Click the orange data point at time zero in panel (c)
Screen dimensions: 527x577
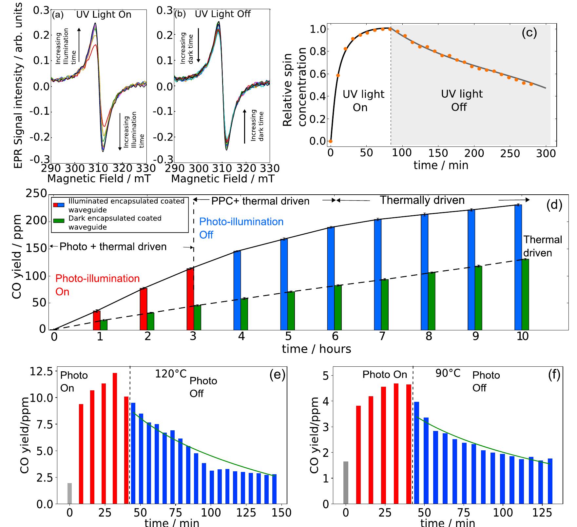pyautogui.click(x=330, y=141)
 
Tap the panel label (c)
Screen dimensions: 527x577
pyautogui.click(x=529, y=33)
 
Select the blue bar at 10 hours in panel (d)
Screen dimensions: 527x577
pyautogui.click(x=518, y=267)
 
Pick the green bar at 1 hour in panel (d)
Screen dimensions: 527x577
pyautogui.click(x=104, y=325)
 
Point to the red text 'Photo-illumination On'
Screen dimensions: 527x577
pyautogui.click(x=97, y=285)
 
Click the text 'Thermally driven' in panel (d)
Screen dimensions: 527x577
pyautogui.click(x=422, y=200)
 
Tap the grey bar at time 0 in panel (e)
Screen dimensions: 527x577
pyautogui.click(x=69, y=493)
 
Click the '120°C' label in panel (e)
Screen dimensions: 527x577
pyautogui.click(x=170, y=374)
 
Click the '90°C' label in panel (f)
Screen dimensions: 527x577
pyautogui.click(x=448, y=373)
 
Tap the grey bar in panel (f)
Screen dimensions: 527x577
pyautogui.click(x=346, y=482)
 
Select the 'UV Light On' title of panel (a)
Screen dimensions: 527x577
pyautogui.click(x=104, y=14)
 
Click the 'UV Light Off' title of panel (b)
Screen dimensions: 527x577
pyautogui.click(x=222, y=14)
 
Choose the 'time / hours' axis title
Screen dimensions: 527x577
pyautogui.click(x=316, y=349)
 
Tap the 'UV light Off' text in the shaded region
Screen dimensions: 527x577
pyautogui.click(x=461, y=100)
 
